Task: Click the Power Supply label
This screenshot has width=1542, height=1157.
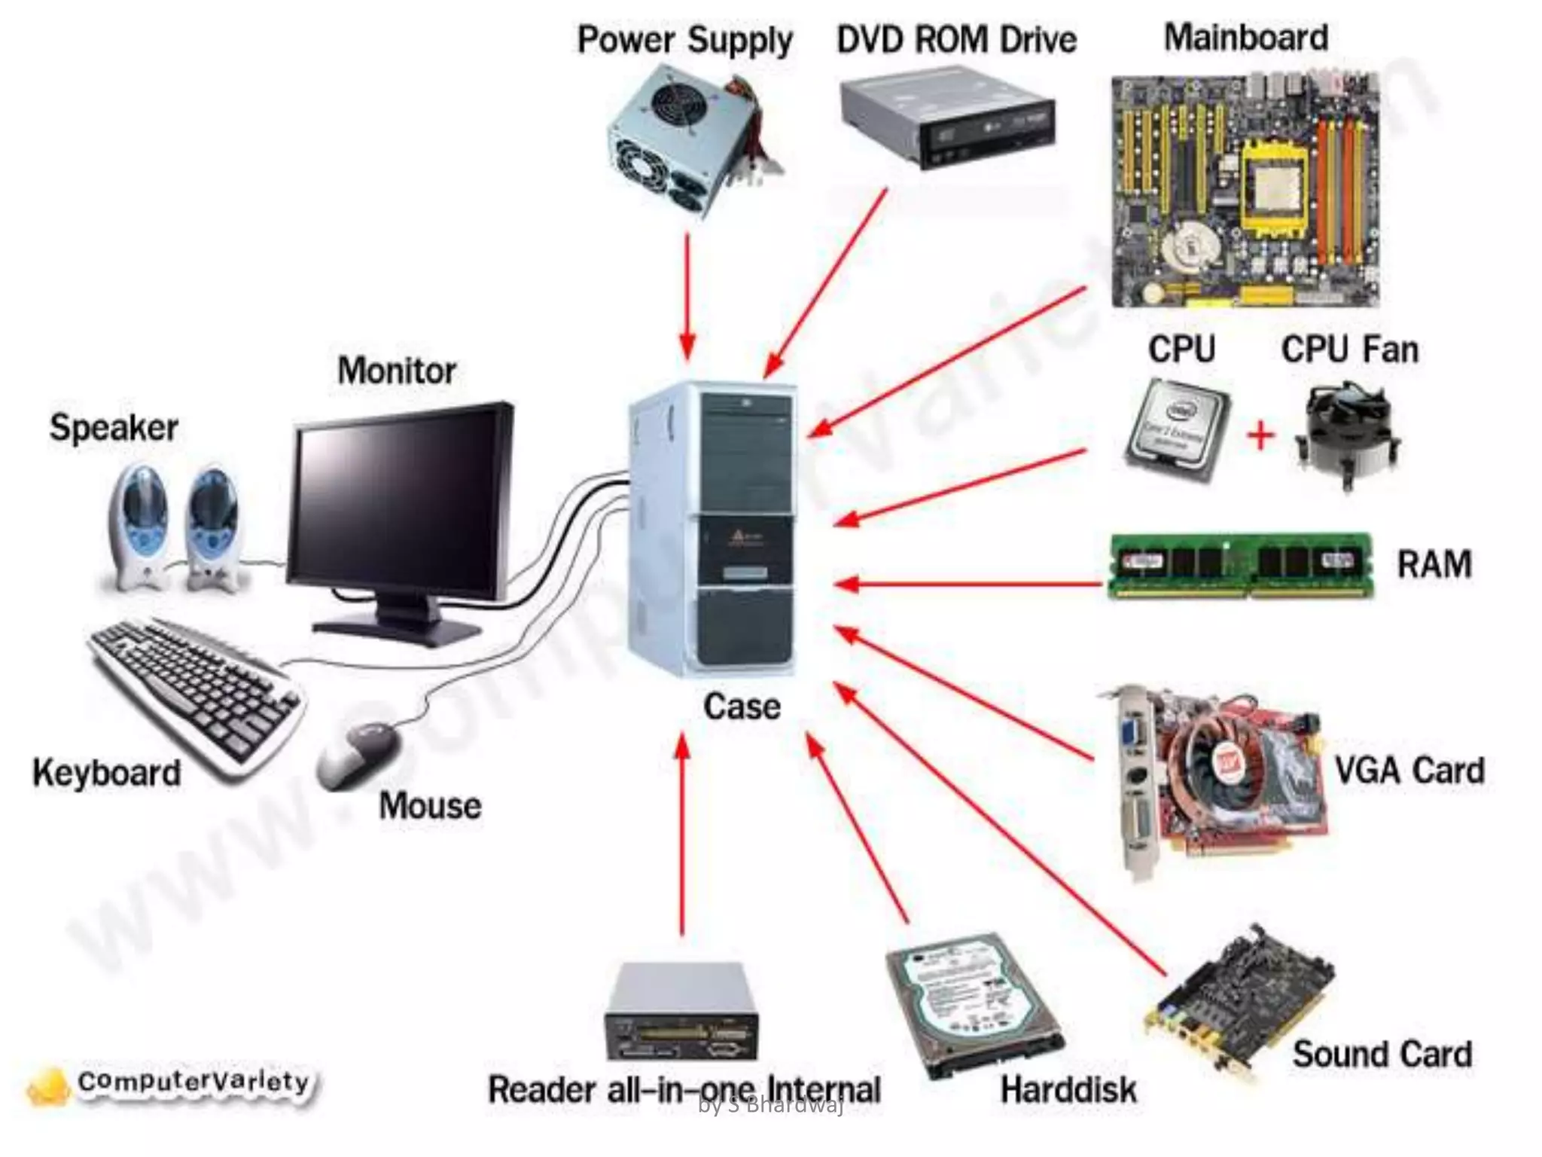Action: pyautogui.click(x=684, y=41)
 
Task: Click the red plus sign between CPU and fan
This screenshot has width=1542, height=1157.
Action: pyautogui.click(x=1261, y=435)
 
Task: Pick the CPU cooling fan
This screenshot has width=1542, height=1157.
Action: pyautogui.click(x=1348, y=434)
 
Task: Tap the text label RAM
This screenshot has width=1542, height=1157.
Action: pyautogui.click(x=1434, y=564)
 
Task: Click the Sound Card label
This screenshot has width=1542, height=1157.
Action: pyautogui.click(x=1382, y=1055)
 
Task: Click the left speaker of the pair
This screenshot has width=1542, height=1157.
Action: pyautogui.click(x=140, y=524)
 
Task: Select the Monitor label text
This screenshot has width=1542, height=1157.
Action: pyautogui.click(x=397, y=371)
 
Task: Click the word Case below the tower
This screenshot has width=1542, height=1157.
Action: pyautogui.click(x=742, y=707)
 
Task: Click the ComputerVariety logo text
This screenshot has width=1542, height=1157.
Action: pyautogui.click(x=194, y=1082)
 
